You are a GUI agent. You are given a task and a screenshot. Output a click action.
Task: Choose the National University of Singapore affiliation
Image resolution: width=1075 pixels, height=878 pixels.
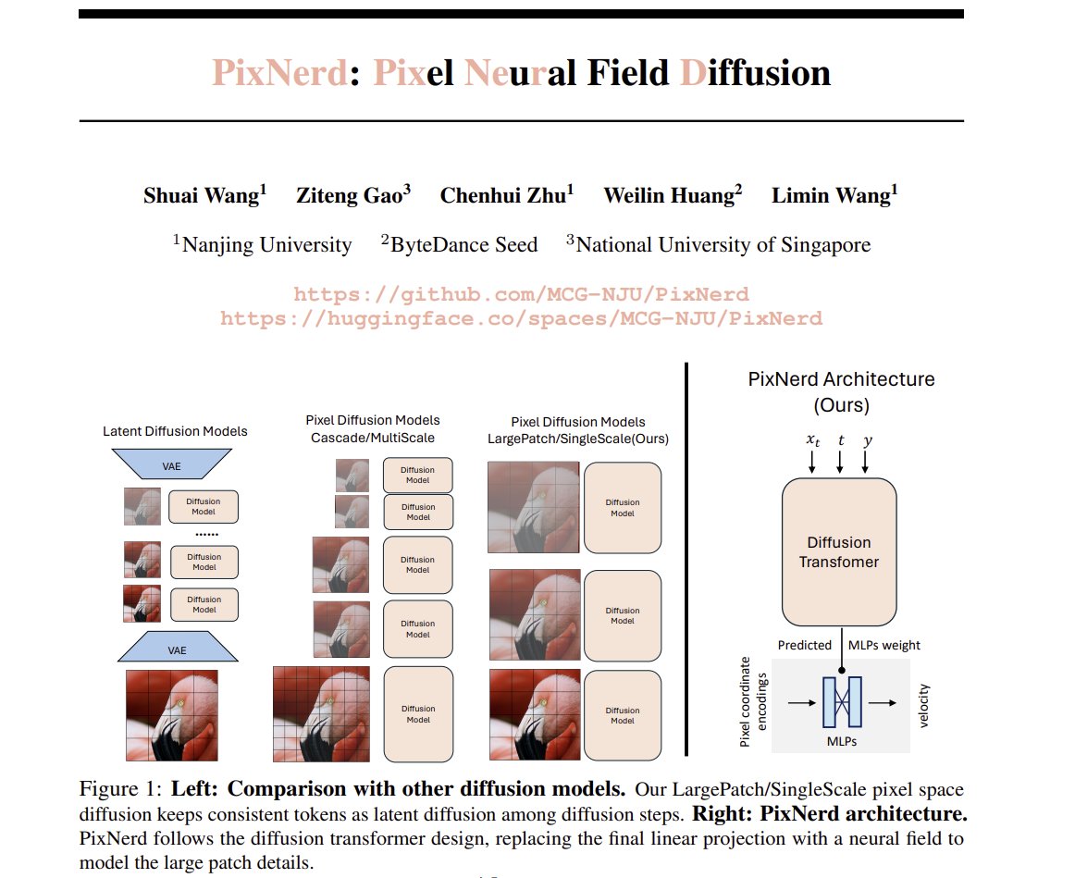[723, 245]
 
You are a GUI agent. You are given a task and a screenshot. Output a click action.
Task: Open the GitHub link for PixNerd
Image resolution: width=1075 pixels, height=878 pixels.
[521, 294]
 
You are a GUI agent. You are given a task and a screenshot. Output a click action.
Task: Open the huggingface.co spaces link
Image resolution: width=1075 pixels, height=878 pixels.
[521, 318]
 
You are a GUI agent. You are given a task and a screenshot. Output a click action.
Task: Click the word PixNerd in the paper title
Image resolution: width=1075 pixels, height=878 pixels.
[279, 72]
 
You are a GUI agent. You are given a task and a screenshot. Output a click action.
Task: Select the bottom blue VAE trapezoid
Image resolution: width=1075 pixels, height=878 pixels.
[177, 649]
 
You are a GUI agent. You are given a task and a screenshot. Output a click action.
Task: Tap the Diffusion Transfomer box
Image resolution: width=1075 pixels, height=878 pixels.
[839, 551]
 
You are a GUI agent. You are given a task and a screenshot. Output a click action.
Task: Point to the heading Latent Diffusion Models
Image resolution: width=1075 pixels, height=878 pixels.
[176, 431]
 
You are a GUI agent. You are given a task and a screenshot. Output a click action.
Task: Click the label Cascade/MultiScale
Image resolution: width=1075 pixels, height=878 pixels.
[372, 438]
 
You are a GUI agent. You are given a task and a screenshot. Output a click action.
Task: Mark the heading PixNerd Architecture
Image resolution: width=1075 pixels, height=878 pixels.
[840, 379]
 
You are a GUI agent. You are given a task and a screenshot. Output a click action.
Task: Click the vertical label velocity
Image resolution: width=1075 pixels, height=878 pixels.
[923, 706]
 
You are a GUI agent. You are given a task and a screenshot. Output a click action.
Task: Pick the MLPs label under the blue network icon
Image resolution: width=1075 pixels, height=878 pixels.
[841, 741]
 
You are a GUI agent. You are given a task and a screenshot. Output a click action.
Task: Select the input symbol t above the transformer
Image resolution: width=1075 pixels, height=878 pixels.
[840, 441]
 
